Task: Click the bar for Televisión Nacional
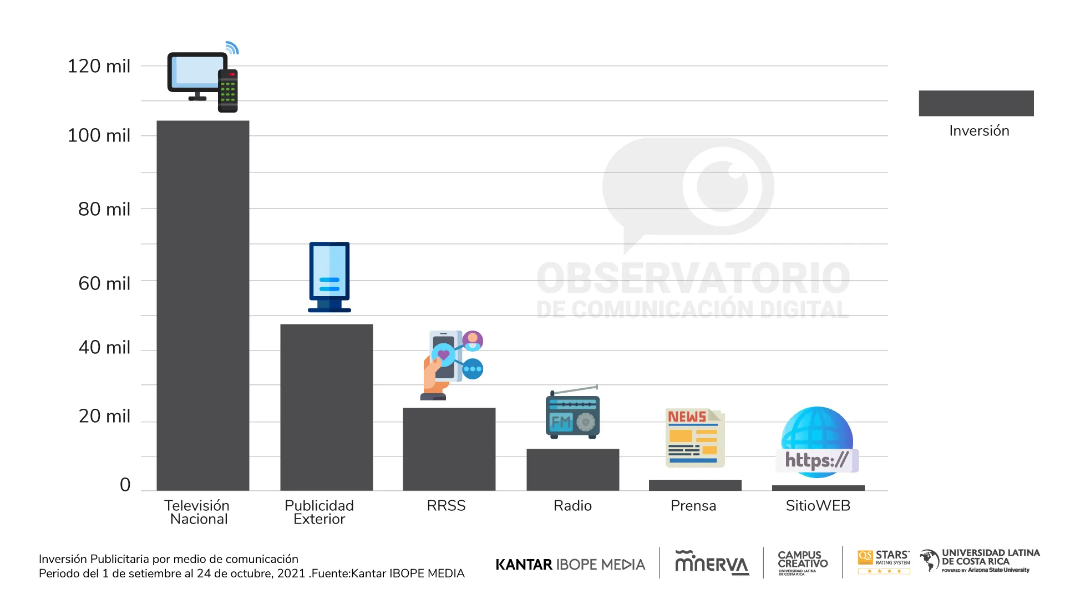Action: [x=202, y=305]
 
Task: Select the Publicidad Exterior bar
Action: [x=326, y=407]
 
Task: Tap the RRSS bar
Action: [x=449, y=449]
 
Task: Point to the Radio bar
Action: [x=572, y=470]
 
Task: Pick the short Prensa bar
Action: [x=695, y=485]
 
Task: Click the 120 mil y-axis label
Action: [x=99, y=67]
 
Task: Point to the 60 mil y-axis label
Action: [x=104, y=284]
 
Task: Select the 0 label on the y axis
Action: [x=125, y=485]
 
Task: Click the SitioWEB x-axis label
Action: [x=818, y=506]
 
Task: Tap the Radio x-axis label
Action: [x=572, y=506]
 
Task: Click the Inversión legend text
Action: [x=979, y=131]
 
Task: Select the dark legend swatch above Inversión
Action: [x=976, y=103]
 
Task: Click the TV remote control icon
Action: [x=227, y=91]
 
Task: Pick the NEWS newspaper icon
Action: [x=694, y=438]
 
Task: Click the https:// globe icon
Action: [x=817, y=443]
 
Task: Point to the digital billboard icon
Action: [x=329, y=277]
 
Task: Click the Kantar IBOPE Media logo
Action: [x=570, y=565]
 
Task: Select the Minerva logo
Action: [x=711, y=563]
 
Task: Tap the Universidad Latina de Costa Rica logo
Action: [x=980, y=561]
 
